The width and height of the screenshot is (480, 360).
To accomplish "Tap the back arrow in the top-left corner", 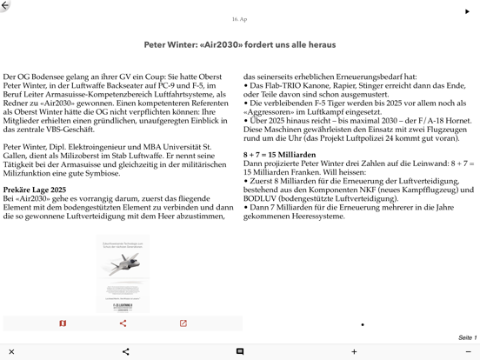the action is (6, 6).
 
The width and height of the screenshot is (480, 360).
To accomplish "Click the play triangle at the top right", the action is (467, 11).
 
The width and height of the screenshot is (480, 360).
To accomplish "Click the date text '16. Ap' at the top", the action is (239, 19).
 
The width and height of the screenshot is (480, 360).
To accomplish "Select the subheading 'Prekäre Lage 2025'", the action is (34, 190).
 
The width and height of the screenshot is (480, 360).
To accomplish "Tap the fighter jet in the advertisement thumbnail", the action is (121, 263).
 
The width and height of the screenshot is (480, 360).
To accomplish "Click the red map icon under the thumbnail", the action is (63, 323).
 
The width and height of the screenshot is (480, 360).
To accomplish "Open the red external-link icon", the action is (183, 323).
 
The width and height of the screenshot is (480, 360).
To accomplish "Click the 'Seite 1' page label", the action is (467, 337).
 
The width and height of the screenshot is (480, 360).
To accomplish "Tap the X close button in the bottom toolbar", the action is (11, 351).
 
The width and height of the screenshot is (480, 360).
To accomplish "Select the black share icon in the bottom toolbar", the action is (125, 351).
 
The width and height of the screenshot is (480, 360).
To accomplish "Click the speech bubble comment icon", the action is (239, 351).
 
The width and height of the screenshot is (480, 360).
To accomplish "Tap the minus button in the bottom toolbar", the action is (468, 351).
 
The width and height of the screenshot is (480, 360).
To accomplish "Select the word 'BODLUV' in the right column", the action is (262, 198).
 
